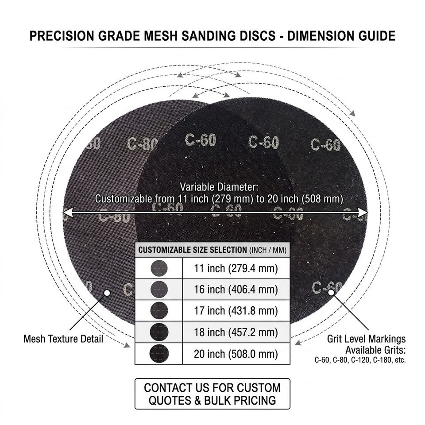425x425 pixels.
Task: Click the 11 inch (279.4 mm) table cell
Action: (x=236, y=268)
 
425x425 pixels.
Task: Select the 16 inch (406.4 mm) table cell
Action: (x=236, y=290)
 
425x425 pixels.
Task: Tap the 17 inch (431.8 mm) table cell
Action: (x=236, y=311)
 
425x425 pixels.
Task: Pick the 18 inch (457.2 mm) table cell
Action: (x=236, y=332)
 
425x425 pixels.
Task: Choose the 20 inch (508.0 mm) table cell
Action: (x=236, y=354)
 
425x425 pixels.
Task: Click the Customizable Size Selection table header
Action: (x=212, y=250)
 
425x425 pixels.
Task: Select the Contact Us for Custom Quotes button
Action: (x=212, y=394)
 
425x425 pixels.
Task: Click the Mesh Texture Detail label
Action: (x=63, y=339)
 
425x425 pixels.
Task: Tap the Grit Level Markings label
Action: (x=366, y=339)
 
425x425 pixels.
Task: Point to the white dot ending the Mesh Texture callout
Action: (x=107, y=293)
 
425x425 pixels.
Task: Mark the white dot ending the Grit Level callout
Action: (x=331, y=292)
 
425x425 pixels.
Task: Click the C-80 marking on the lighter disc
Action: (x=143, y=144)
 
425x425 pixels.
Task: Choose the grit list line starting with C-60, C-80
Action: (x=360, y=360)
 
